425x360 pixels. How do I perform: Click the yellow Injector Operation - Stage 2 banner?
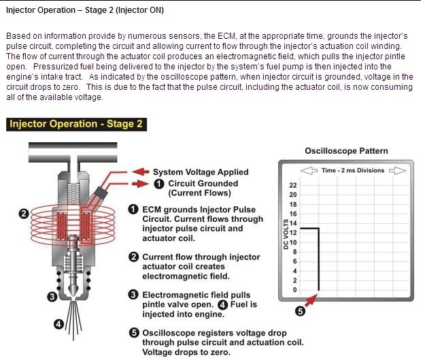pyautogui.click(x=75, y=125)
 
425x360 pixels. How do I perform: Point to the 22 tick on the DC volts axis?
pyautogui.click(x=294, y=185)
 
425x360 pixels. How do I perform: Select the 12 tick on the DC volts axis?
pyautogui.click(x=294, y=233)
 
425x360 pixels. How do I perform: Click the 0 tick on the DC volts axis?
pyautogui.click(x=294, y=290)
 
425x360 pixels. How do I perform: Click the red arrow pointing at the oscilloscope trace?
pyautogui.click(x=310, y=300)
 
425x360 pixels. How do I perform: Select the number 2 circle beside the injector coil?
pyautogui.click(x=24, y=214)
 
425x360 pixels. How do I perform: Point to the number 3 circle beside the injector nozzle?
pyautogui.click(x=52, y=296)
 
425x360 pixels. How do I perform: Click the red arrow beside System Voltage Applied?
pyautogui.click(x=140, y=171)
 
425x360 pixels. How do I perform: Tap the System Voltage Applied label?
pyautogui.click(x=201, y=171)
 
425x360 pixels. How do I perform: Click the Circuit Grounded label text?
pyautogui.click(x=203, y=183)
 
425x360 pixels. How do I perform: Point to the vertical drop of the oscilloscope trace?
pyautogui.click(x=319, y=259)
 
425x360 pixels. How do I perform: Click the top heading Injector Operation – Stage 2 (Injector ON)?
pyautogui.click(x=85, y=11)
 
